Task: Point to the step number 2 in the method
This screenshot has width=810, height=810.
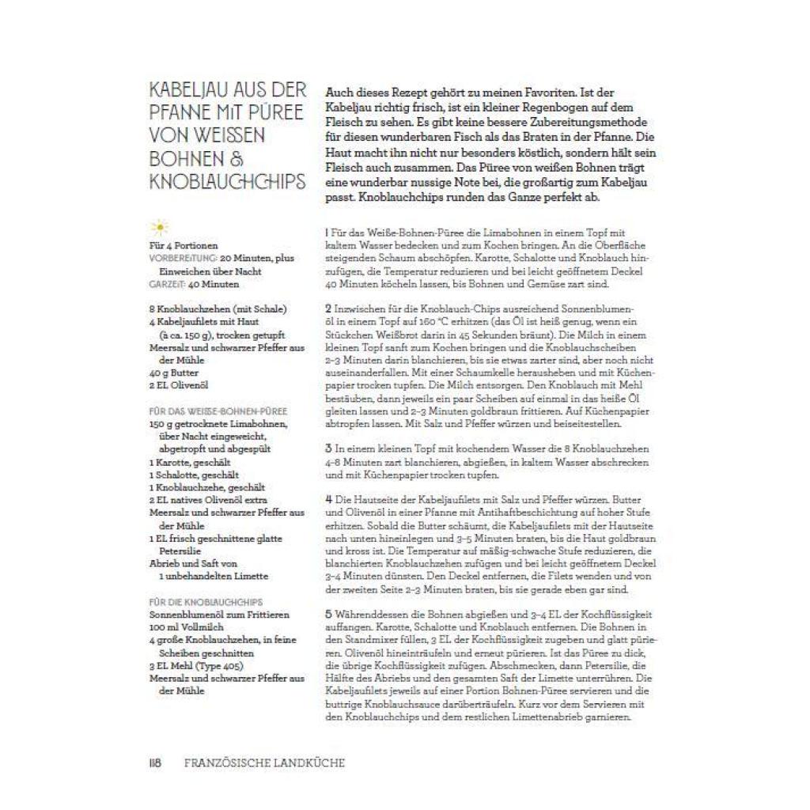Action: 327,306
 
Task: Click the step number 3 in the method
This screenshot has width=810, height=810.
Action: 327,448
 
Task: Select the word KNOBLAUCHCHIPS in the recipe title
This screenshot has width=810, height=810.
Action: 227,182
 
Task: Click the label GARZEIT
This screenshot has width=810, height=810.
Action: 167,284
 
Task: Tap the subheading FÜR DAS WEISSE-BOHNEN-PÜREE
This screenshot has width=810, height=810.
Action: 218,411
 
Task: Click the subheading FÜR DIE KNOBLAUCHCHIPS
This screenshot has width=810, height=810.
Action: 206,602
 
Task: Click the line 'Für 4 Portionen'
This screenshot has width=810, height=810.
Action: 183,246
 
